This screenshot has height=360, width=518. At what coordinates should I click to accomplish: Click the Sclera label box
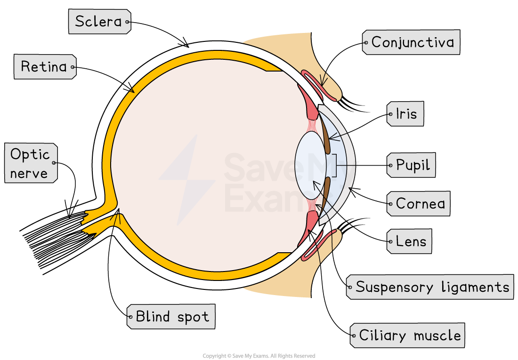[x=99, y=22]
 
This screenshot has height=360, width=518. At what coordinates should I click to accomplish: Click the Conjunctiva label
[x=411, y=42]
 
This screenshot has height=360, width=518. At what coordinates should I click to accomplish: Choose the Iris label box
[x=405, y=114]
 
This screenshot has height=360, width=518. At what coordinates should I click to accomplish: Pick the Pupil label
[x=411, y=165]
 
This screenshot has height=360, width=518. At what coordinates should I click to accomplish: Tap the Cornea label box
[x=418, y=203]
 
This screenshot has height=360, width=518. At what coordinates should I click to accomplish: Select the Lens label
[x=409, y=242]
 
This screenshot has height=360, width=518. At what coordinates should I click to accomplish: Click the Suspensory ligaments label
[x=432, y=287]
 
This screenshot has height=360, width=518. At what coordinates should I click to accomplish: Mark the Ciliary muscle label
[x=408, y=336]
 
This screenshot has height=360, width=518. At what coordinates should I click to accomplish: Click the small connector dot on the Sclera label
[x=127, y=22]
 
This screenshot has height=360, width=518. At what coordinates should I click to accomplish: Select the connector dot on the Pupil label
[x=390, y=165]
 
